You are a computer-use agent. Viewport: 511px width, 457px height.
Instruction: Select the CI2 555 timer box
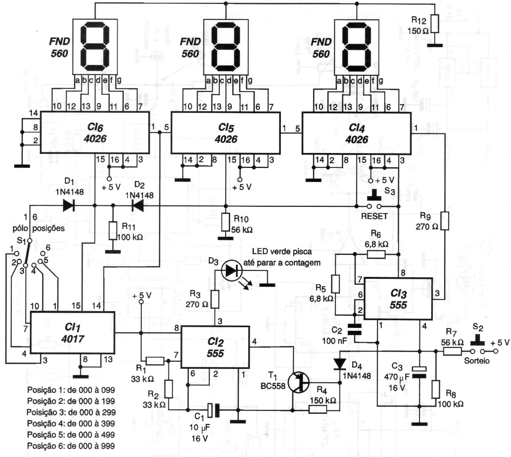click(x=215, y=347)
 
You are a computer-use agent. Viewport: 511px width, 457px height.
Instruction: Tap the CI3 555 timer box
click(x=398, y=299)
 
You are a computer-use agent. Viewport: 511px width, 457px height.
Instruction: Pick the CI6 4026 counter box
click(x=94, y=133)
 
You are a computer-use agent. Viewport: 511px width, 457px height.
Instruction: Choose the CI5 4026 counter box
click(x=225, y=133)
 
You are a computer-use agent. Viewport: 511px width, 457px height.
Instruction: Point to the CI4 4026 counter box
click(x=356, y=133)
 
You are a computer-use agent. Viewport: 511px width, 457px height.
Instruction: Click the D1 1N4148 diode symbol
click(x=68, y=205)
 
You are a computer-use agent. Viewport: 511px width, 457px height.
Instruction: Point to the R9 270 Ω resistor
click(x=445, y=221)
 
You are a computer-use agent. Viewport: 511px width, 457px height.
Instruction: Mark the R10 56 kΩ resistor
click(x=225, y=222)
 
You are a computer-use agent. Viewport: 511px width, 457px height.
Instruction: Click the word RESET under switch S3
click(x=374, y=216)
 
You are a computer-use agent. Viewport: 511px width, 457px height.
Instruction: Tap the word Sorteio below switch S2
click(x=477, y=360)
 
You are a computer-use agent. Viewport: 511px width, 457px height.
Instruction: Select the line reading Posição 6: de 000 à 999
click(x=71, y=446)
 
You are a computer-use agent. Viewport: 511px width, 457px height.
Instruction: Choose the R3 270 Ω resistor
click(x=215, y=299)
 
